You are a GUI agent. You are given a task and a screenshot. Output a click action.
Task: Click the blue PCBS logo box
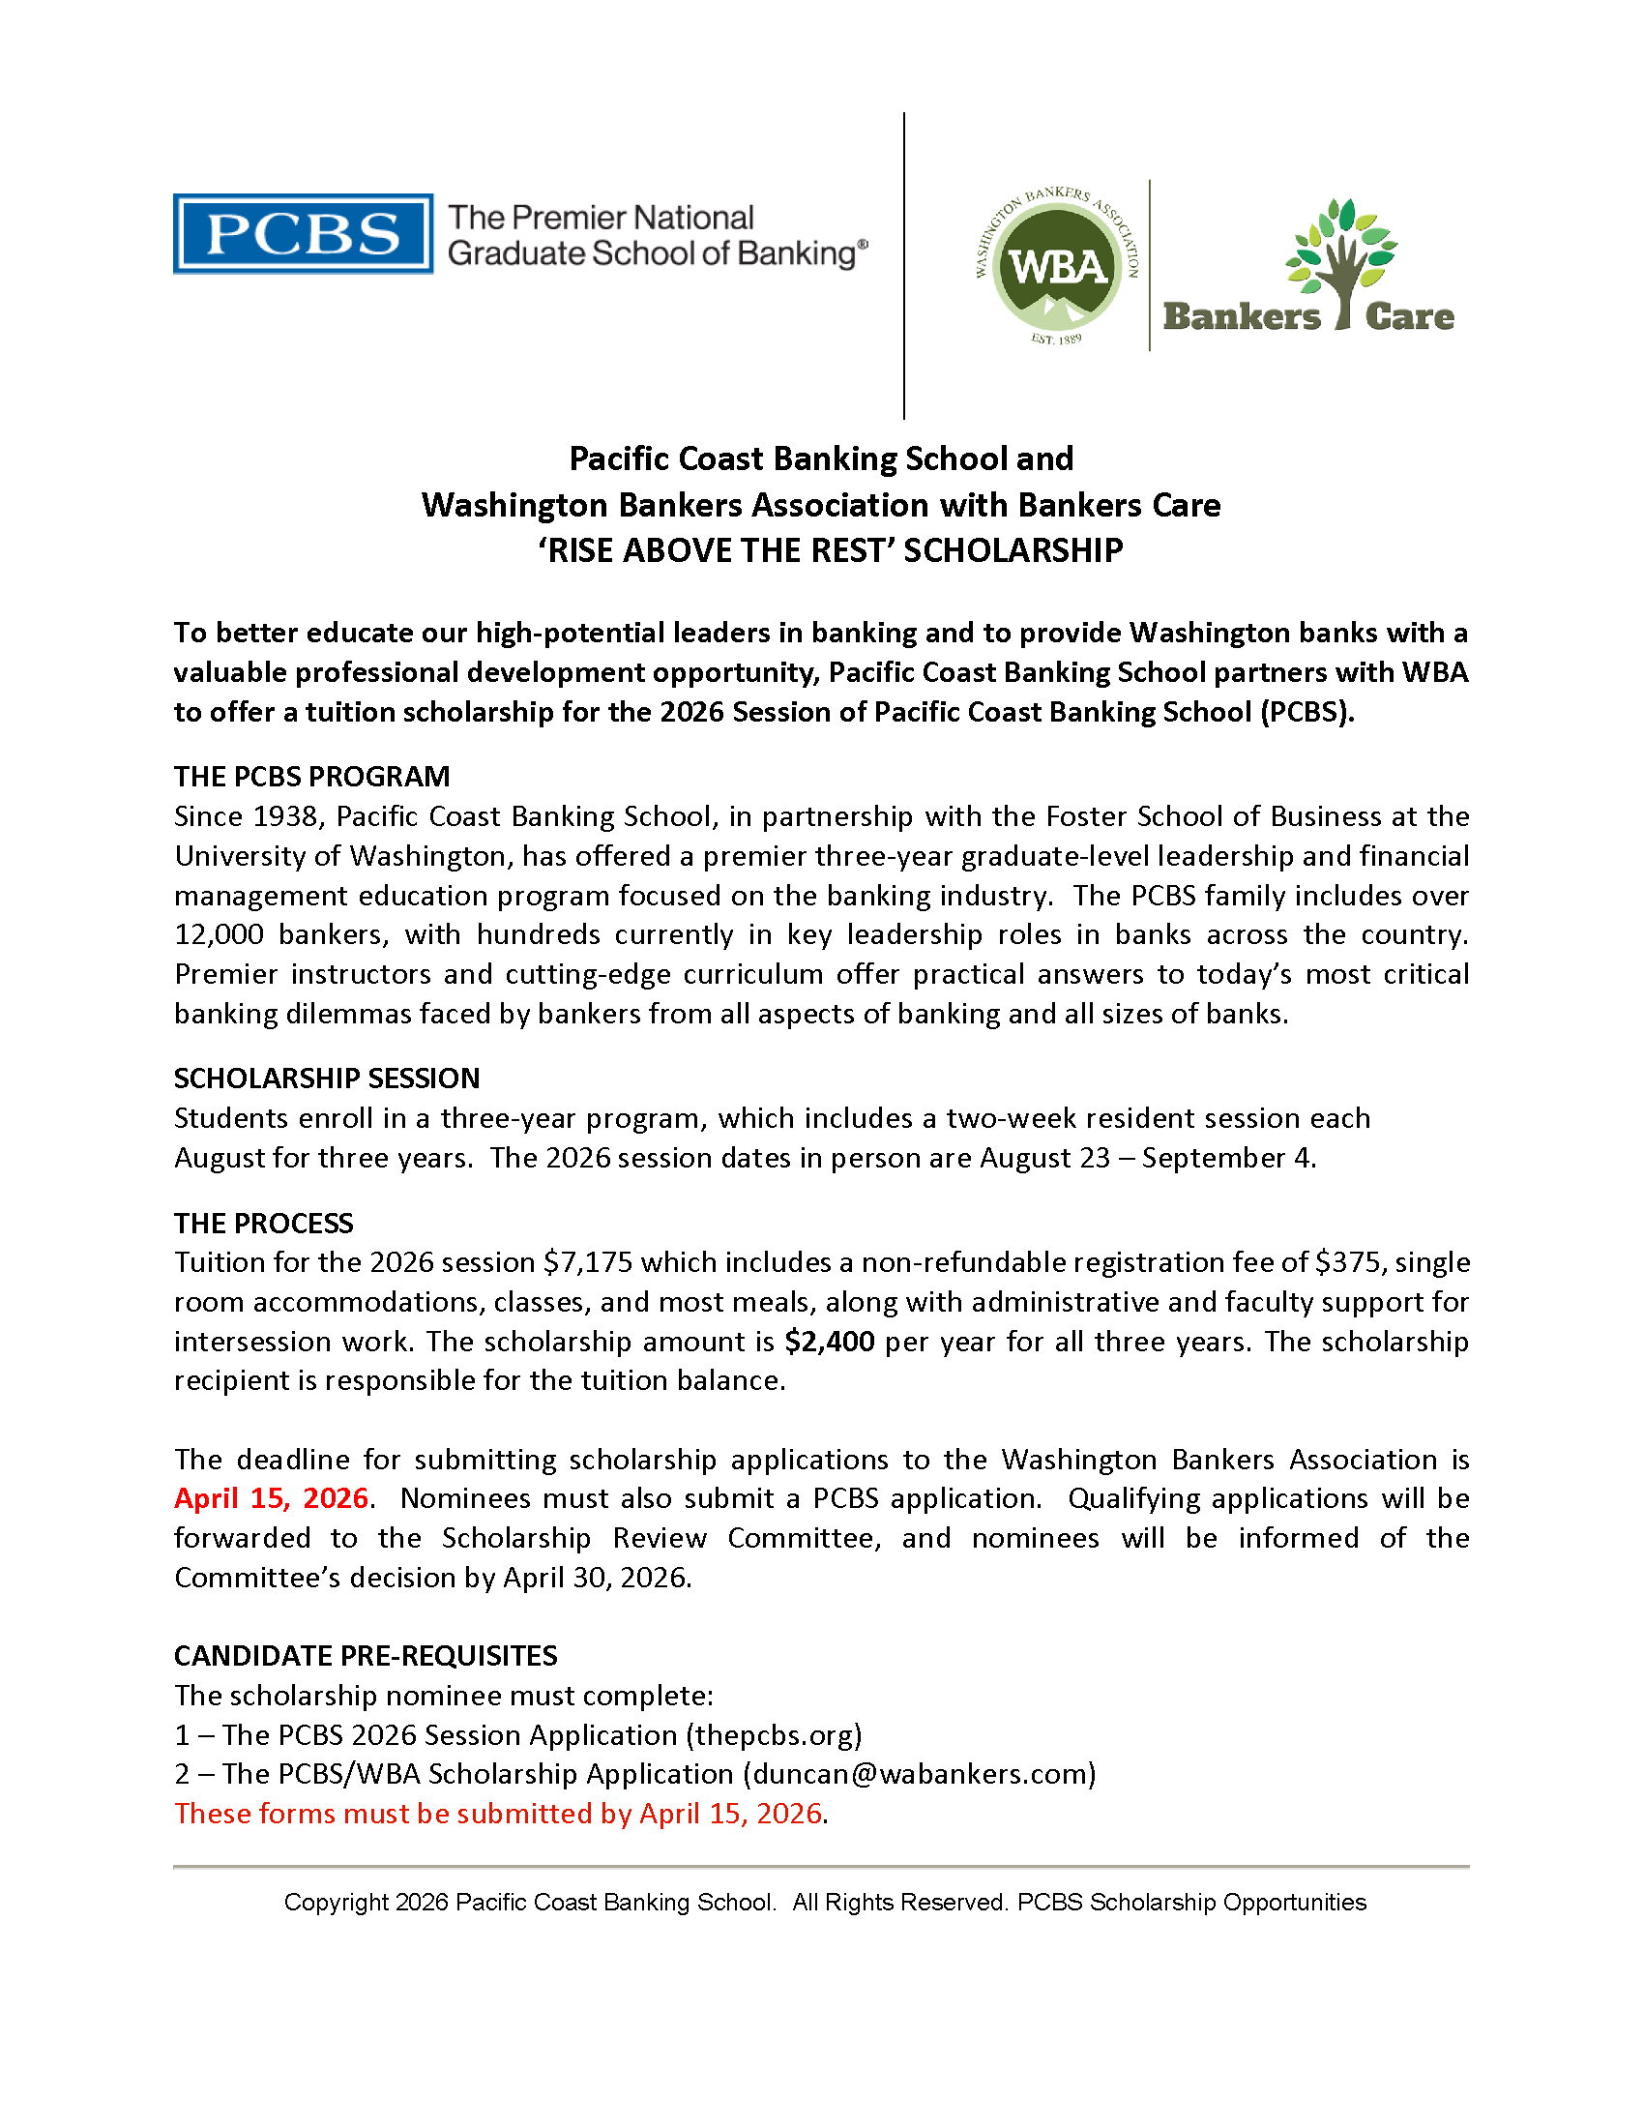point(303,234)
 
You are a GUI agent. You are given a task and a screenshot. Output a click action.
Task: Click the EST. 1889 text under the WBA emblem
point(1057,340)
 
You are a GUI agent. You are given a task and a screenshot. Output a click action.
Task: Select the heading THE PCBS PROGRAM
point(311,777)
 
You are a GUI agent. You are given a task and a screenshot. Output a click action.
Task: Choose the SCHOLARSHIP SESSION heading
point(326,1079)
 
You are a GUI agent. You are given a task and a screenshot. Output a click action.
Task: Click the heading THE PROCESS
point(263,1224)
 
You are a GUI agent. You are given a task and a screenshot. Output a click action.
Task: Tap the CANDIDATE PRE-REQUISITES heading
point(366,1656)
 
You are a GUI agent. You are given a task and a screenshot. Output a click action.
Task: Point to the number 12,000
point(219,934)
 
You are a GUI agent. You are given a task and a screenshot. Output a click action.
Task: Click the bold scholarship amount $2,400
point(830,1342)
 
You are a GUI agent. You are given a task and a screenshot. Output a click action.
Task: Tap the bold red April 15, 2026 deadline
point(272,1498)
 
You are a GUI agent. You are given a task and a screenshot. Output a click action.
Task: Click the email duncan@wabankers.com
point(921,1774)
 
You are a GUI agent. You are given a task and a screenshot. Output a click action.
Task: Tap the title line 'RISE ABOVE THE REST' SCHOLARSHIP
point(830,551)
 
